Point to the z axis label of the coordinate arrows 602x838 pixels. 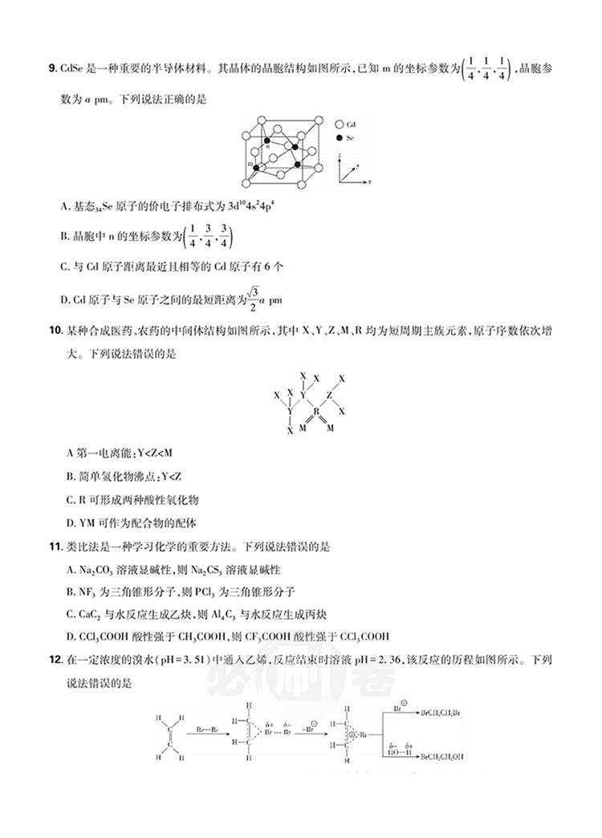tap(340, 153)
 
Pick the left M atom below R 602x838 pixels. tap(302, 429)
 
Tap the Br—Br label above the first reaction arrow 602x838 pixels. tap(210, 730)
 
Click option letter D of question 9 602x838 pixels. tap(64, 300)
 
